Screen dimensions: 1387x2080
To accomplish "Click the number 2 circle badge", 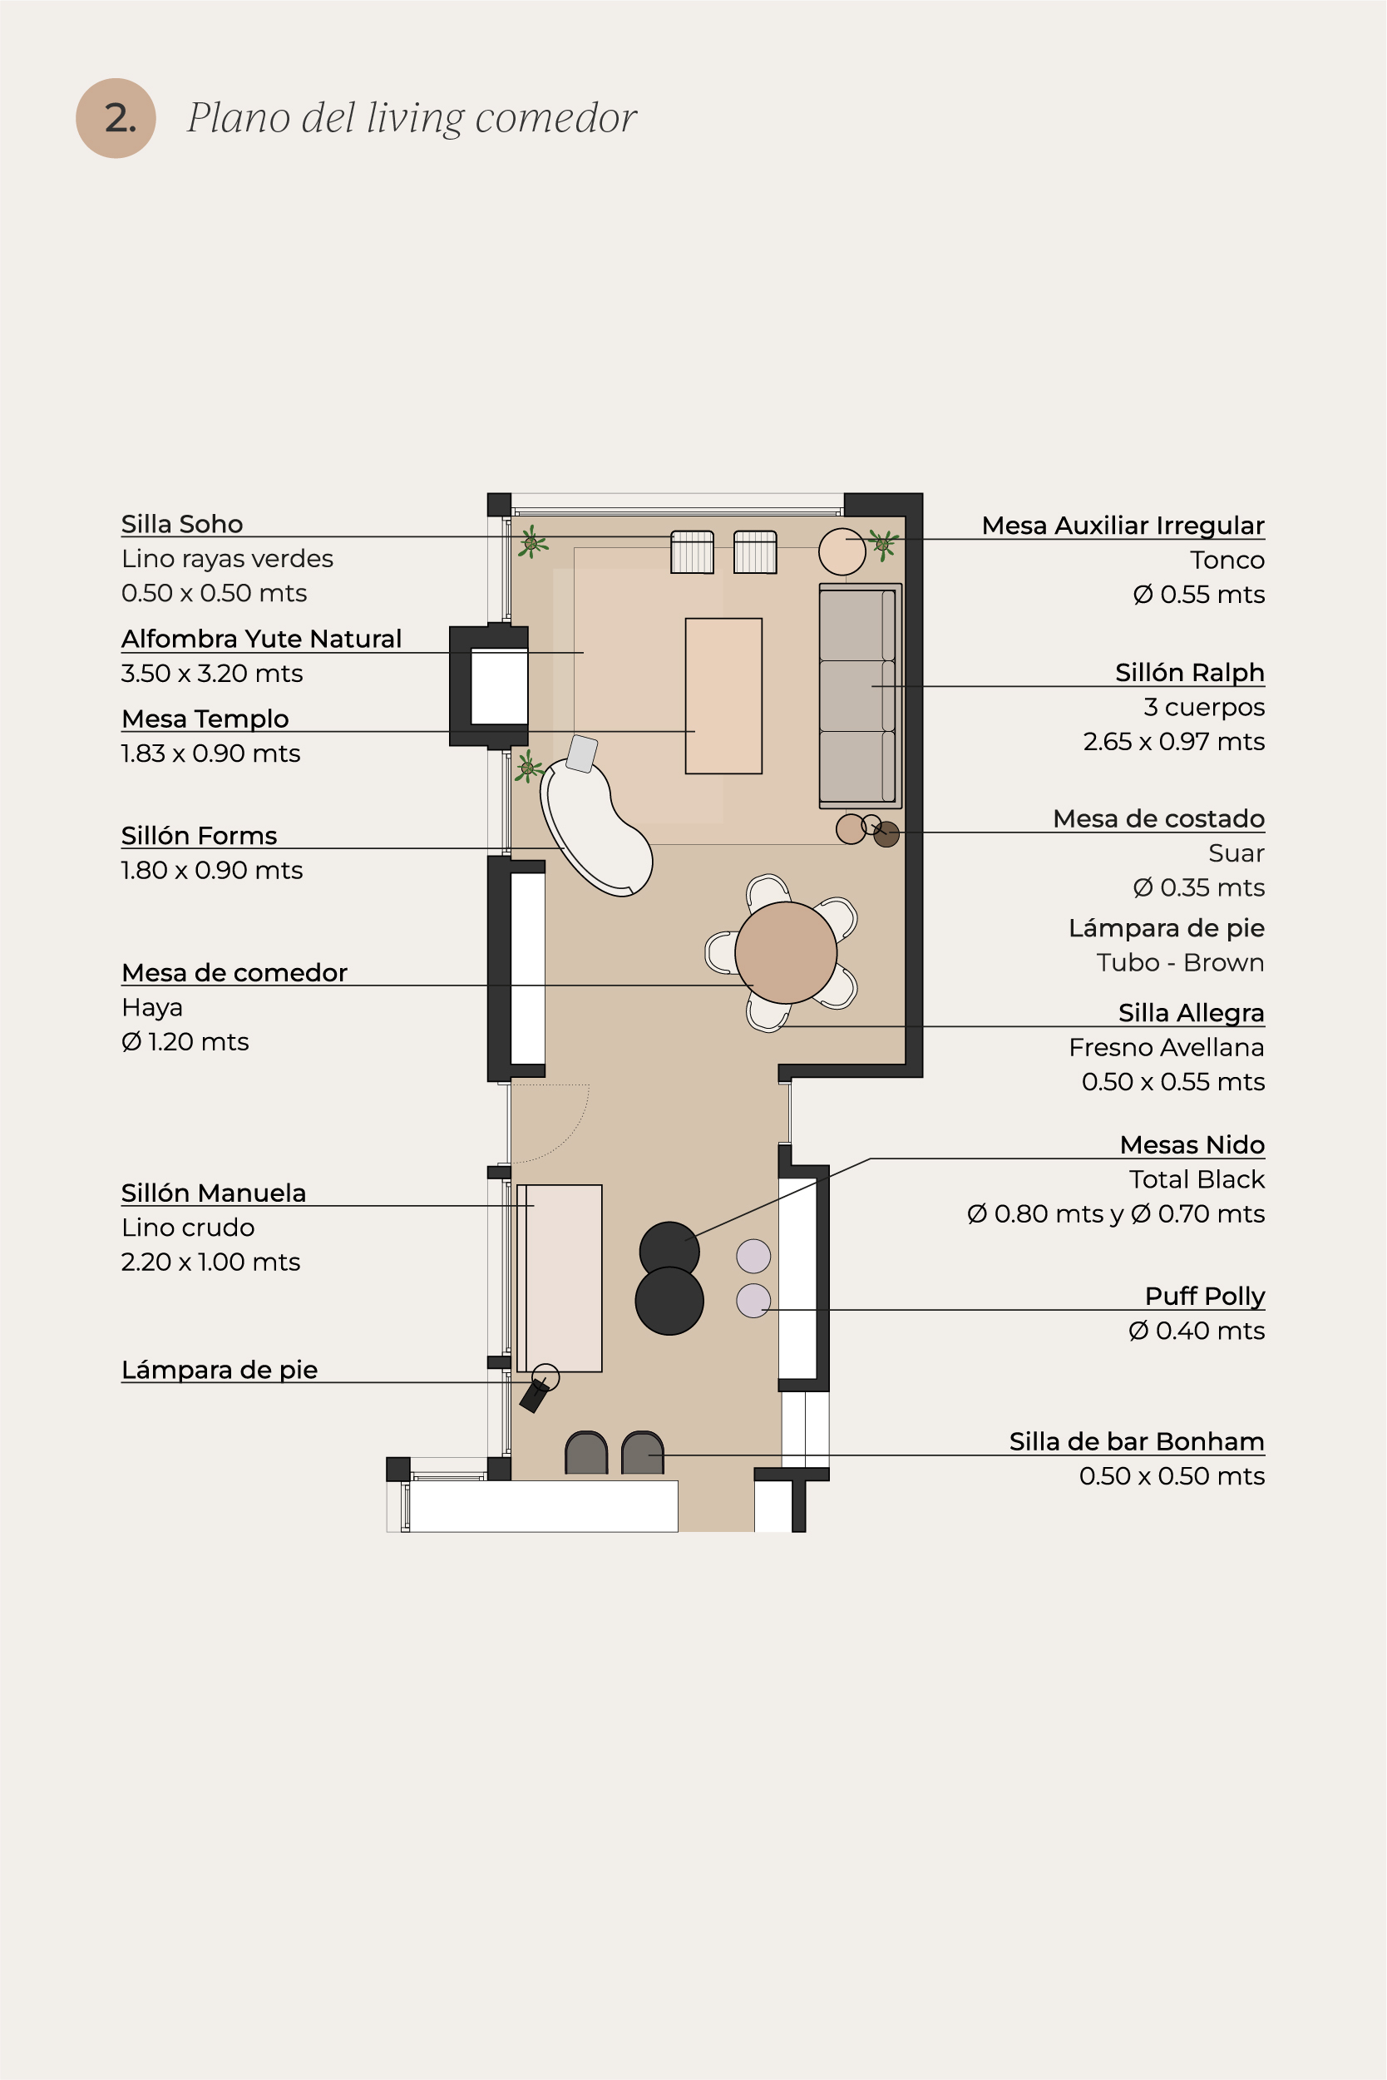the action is point(116,119).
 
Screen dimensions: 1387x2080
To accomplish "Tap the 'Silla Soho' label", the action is point(182,524).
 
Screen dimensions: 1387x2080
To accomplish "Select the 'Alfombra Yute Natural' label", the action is point(262,639).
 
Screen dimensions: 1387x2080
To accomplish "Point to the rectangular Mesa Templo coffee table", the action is point(723,695).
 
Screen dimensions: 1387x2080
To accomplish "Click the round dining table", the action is point(786,952).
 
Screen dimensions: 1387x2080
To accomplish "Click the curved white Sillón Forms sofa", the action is point(595,827).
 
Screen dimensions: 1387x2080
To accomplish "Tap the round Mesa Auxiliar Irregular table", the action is point(842,551).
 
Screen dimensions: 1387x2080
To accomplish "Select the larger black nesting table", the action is point(669,1301).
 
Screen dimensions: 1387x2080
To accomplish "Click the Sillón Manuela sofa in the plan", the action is point(560,1277).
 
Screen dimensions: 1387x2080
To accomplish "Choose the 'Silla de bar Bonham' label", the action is point(1137,1441).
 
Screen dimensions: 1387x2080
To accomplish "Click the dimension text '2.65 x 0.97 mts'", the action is point(1174,741).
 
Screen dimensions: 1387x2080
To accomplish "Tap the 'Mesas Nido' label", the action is point(1192,1145).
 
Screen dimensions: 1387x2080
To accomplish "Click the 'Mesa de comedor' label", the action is point(234,972).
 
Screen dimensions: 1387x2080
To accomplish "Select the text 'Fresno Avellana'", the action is point(1167,1048).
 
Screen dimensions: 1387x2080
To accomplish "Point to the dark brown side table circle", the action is point(886,834).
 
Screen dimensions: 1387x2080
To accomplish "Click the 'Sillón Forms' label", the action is point(199,835).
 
